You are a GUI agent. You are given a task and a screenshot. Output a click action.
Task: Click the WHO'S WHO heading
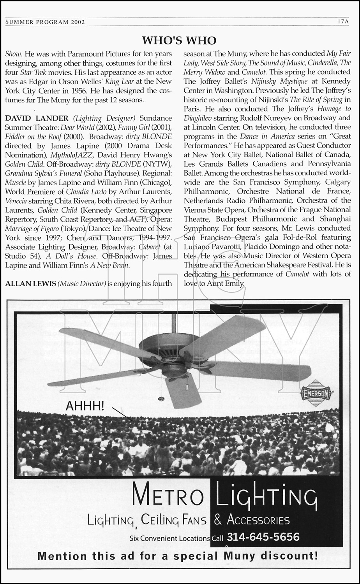pos(179,40)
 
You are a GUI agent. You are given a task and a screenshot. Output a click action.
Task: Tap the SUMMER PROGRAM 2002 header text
pos(45,22)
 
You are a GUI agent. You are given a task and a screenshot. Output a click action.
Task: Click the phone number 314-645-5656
pos(263,537)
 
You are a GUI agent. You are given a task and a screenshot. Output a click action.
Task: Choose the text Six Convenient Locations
pos(170,538)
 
